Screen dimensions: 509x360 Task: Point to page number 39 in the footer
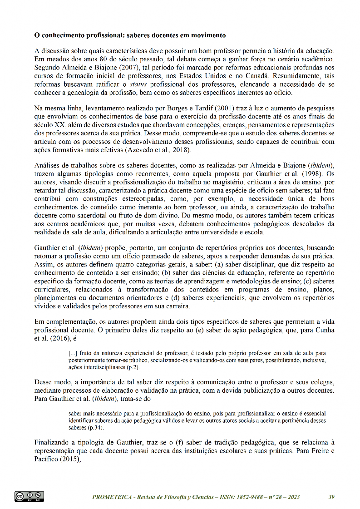point(331,497)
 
